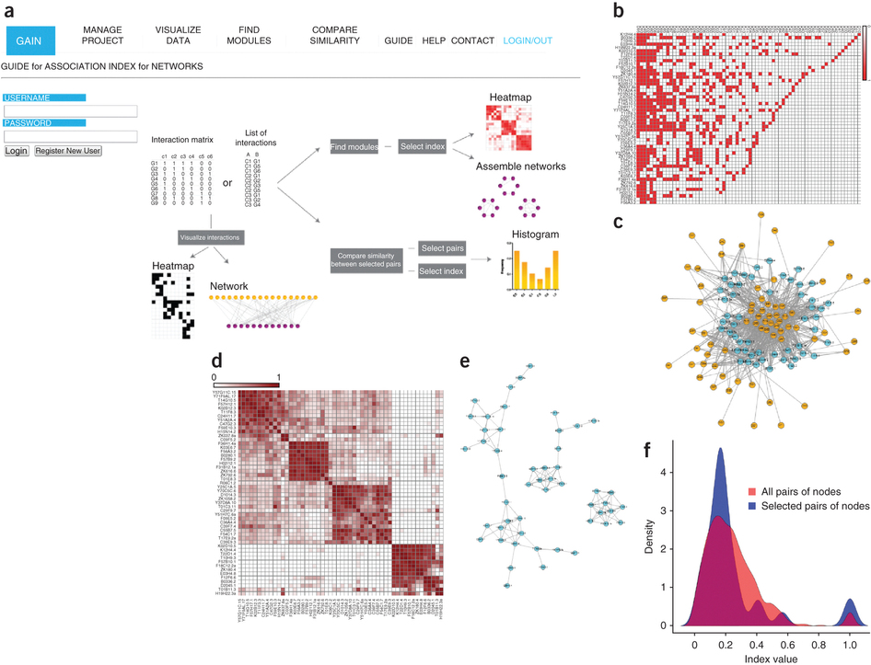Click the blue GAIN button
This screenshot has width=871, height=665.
[x=30, y=40]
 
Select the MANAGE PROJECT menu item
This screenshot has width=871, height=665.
[x=101, y=36]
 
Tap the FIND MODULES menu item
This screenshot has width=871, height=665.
[x=249, y=36]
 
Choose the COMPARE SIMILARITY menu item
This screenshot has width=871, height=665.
[x=334, y=36]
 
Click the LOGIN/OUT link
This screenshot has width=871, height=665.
[x=528, y=41]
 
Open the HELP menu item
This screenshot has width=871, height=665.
[x=433, y=41]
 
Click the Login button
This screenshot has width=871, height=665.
[x=17, y=151]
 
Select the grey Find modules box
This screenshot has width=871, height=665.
[x=354, y=147]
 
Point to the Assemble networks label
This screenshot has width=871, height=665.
[x=519, y=166]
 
